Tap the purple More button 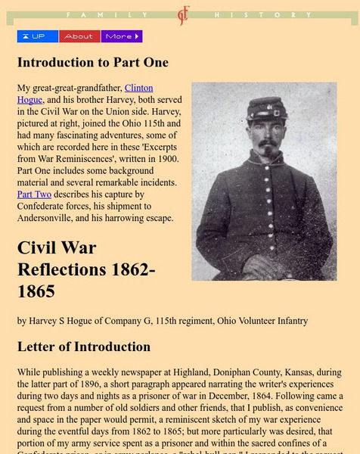[122, 36]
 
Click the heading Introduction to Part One [93, 62]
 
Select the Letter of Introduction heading [84, 347]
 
